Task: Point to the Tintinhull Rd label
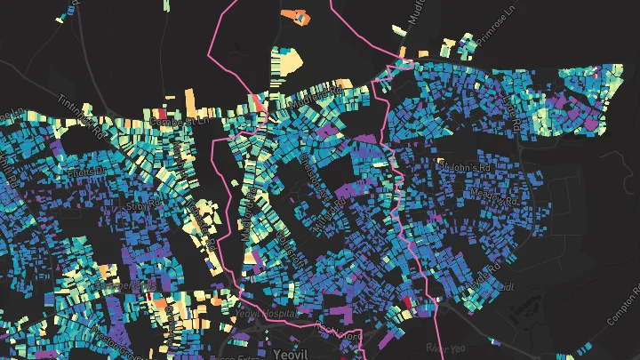point(76,111)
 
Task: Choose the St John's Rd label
point(464,164)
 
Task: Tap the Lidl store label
point(508,286)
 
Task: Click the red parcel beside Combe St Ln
point(259,103)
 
